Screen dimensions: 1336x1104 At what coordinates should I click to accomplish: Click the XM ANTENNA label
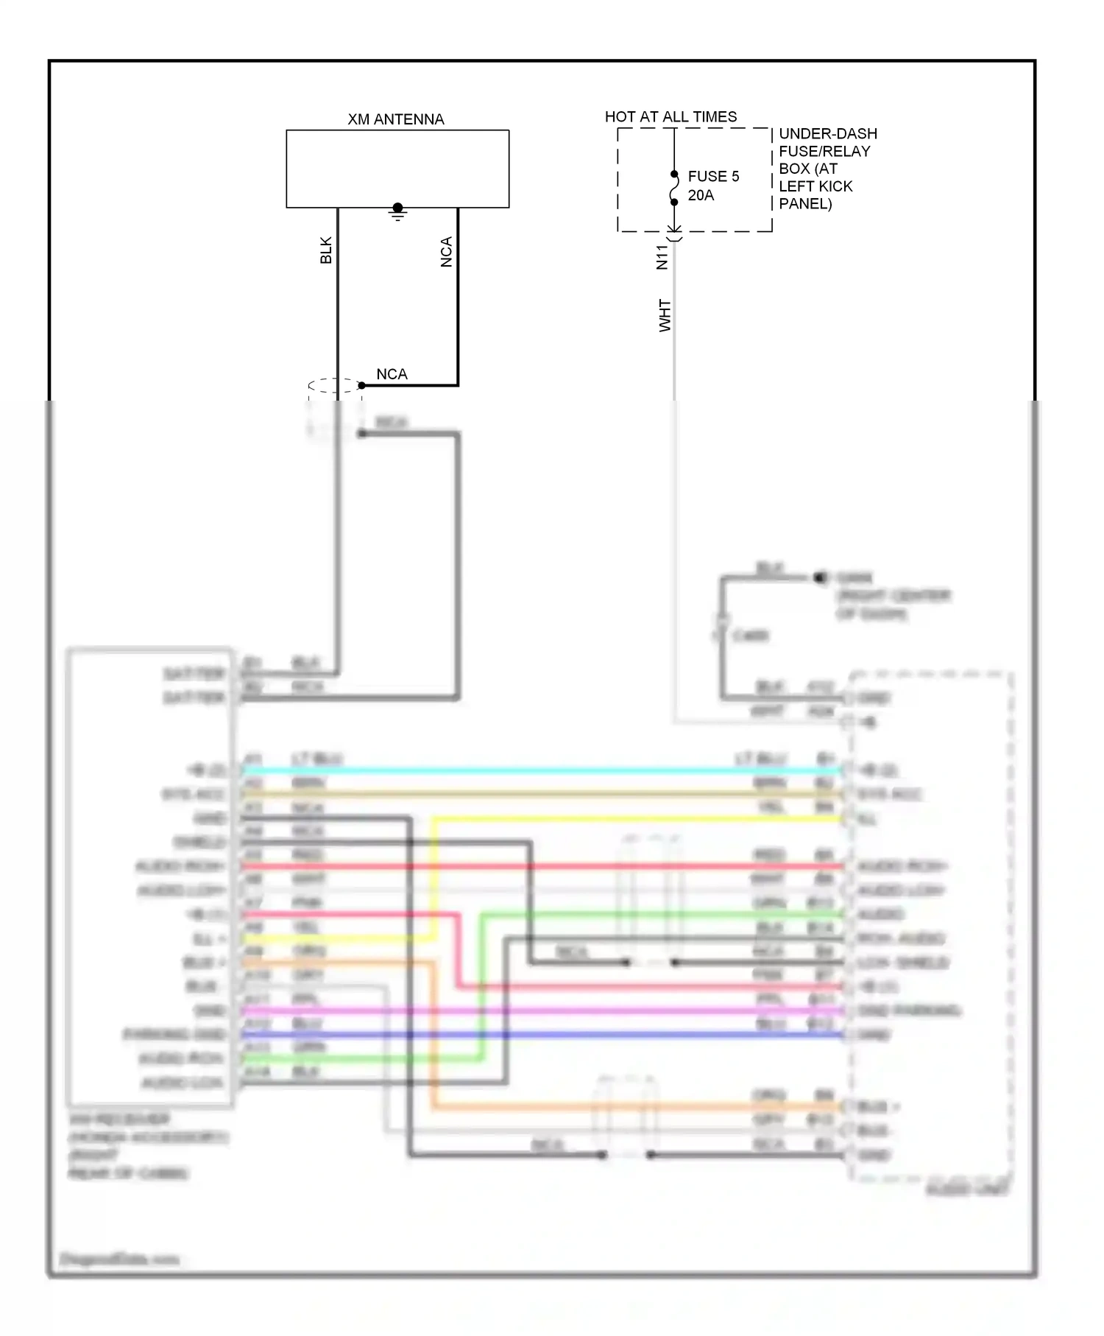pyautogui.click(x=395, y=119)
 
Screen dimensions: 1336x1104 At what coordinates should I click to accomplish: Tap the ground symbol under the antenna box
pyautogui.click(x=397, y=213)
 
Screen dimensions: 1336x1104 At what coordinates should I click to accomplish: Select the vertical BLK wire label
pyautogui.click(x=326, y=250)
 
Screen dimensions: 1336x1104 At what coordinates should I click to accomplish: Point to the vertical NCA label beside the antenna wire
pyautogui.click(x=446, y=252)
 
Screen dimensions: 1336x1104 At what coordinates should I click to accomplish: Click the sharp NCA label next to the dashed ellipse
pyautogui.click(x=392, y=374)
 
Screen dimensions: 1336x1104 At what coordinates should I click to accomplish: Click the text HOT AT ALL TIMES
pyautogui.click(x=670, y=116)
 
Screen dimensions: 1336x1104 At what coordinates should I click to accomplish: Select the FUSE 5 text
pyautogui.click(x=713, y=176)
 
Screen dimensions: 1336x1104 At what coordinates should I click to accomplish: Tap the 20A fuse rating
pyautogui.click(x=701, y=195)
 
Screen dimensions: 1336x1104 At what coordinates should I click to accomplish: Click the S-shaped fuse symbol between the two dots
pyautogui.click(x=674, y=189)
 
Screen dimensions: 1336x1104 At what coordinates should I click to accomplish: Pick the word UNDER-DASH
pyautogui.click(x=828, y=133)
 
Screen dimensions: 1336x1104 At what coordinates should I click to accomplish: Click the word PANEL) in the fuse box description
pyautogui.click(x=805, y=204)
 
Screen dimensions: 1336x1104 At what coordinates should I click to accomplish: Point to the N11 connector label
pyautogui.click(x=662, y=257)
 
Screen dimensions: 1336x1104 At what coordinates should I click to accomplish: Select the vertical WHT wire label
pyautogui.click(x=665, y=315)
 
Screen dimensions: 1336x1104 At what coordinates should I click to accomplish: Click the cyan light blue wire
pyautogui.click(x=545, y=770)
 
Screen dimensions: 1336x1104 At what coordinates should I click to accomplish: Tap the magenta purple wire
pyautogui.click(x=545, y=1011)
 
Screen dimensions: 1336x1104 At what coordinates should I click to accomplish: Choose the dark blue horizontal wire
pyautogui.click(x=545, y=1035)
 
